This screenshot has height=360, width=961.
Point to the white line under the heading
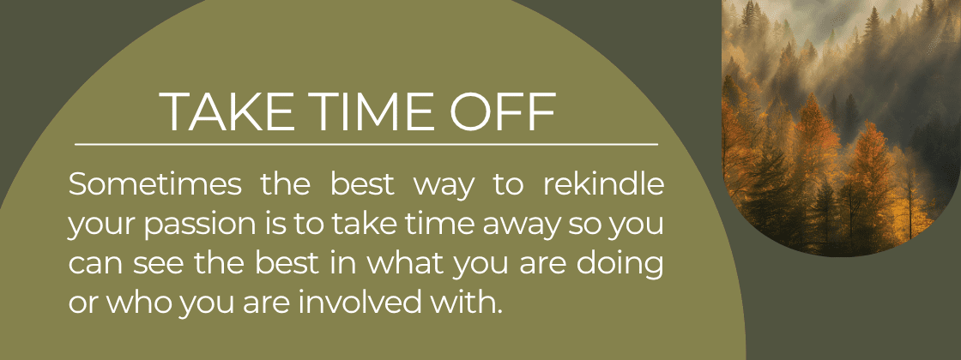[366, 144]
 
